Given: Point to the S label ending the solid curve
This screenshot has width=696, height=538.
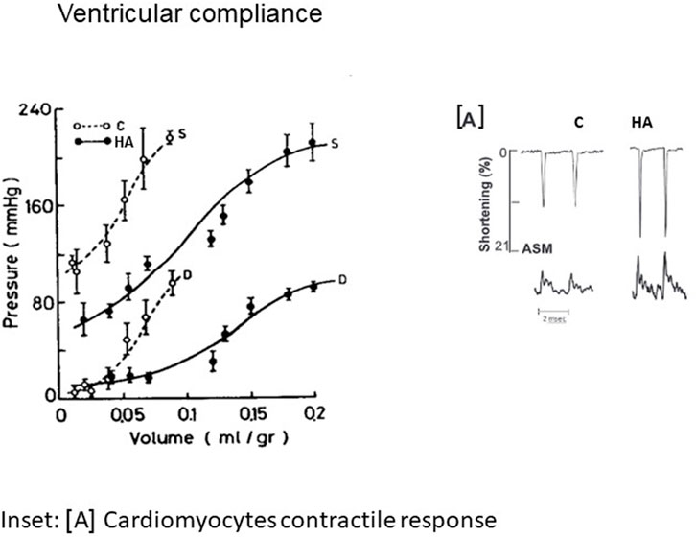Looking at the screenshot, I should click(333, 144).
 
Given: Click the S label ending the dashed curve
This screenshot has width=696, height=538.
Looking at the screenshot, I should click(181, 135).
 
